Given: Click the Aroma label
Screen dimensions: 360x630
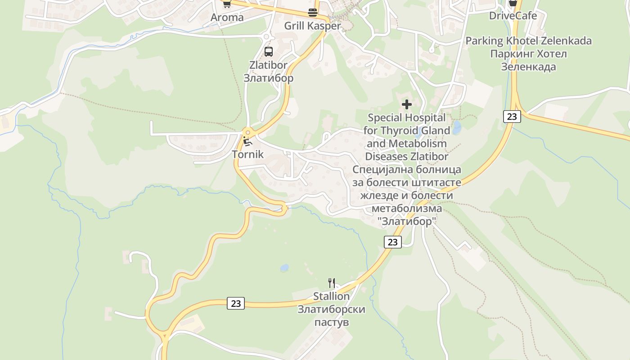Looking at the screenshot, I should coord(227,18).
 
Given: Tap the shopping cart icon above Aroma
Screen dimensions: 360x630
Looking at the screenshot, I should coord(227,4).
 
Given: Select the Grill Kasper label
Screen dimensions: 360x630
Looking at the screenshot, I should coord(312,26).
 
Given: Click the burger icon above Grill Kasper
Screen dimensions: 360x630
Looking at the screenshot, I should coord(313,13).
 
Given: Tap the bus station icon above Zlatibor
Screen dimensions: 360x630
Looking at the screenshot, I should coord(269,51).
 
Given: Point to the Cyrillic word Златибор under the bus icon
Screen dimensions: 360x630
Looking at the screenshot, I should coord(269,78).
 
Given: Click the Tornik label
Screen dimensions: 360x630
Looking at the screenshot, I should coord(247,154).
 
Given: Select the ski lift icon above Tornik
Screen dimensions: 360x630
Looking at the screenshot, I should coord(247,141).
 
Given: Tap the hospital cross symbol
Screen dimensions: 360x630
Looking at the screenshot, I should coord(407,104).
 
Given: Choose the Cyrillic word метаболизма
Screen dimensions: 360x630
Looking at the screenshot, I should coord(407,209).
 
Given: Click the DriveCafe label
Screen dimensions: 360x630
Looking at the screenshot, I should coord(513,16).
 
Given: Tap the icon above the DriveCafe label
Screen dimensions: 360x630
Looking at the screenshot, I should coord(513,3).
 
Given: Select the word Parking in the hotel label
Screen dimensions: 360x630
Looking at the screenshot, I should coord(484,41).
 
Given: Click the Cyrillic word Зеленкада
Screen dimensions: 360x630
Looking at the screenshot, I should coord(529,67).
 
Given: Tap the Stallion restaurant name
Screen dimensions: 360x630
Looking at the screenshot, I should coord(331,297).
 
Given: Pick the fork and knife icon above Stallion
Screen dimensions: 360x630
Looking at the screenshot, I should coord(332,283).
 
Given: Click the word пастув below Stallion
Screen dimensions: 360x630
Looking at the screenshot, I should coord(332,323).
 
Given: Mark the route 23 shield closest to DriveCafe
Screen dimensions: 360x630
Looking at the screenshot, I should coord(512,117).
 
